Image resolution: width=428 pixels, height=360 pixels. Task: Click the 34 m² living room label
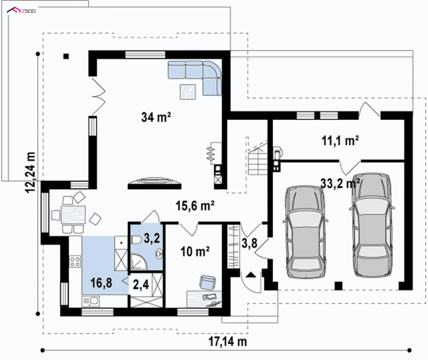156,117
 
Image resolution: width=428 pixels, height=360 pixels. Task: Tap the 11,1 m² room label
340,141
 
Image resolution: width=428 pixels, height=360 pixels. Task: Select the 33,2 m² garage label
340,183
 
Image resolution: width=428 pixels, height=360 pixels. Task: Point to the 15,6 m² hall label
195,206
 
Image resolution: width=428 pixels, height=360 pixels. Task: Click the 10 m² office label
195,251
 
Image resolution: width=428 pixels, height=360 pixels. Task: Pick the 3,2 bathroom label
152,238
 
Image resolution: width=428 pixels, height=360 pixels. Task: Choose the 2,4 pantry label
141,285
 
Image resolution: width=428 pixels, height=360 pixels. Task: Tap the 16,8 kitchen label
101,283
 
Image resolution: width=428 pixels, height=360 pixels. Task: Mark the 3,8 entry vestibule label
249,243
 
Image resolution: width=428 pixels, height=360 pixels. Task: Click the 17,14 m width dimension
228,341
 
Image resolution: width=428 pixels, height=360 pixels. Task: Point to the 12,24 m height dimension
30,172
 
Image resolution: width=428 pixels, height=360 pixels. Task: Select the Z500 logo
21,11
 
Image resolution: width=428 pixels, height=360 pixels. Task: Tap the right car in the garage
371,225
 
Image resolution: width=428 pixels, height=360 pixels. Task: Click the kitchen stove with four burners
75,261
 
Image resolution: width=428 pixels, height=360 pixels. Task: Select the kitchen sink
90,301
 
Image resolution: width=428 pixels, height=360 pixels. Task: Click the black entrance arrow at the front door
251,274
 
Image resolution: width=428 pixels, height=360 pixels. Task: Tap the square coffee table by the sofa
188,91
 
